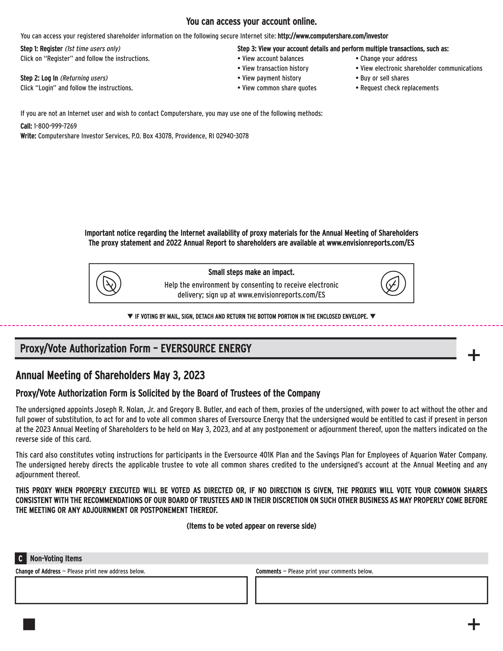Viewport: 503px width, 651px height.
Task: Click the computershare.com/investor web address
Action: pyautogui.click(x=333, y=36)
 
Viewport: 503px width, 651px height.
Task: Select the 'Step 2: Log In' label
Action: pyautogui.click(x=39, y=78)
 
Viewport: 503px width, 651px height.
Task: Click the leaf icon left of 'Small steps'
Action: pyautogui.click(x=109, y=283)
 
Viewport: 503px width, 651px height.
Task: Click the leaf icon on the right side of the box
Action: pyautogui.click(x=393, y=283)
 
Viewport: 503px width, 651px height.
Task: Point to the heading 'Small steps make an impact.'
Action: pyautogui.click(x=251, y=272)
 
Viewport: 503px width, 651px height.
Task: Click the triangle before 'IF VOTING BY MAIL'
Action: pyautogui.click(x=130, y=316)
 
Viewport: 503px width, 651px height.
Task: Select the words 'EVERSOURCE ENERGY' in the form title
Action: pyautogui.click(x=206, y=348)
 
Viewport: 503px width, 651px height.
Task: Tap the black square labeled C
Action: pyautogui.click(x=20, y=559)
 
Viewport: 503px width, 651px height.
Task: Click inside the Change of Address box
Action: pyautogui.click(x=131, y=590)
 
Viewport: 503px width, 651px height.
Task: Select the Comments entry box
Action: pyautogui.click(x=372, y=590)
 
